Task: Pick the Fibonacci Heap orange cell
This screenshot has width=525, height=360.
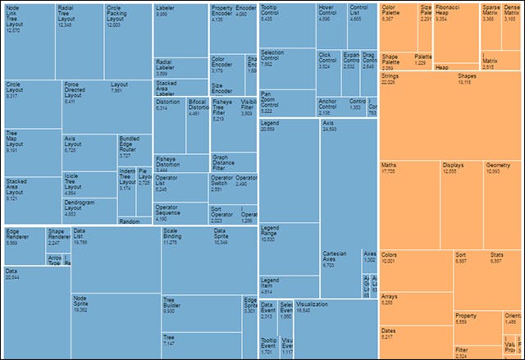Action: click(456, 33)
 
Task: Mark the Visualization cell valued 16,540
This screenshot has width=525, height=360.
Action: click(328, 328)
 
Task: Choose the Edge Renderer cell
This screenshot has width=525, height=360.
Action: click(23, 246)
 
